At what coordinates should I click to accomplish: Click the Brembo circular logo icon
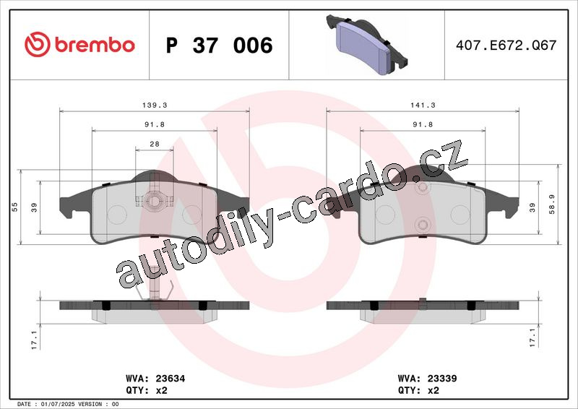click(38, 44)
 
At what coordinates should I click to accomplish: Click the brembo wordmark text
click(95, 45)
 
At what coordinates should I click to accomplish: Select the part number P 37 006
click(220, 45)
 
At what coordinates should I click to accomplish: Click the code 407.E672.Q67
click(506, 45)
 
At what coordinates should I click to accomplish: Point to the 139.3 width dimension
click(155, 105)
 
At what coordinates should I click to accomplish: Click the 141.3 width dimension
click(423, 105)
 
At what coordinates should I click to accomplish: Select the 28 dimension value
click(155, 144)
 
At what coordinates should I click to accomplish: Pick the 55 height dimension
click(14, 207)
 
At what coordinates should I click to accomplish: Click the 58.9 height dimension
click(552, 204)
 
